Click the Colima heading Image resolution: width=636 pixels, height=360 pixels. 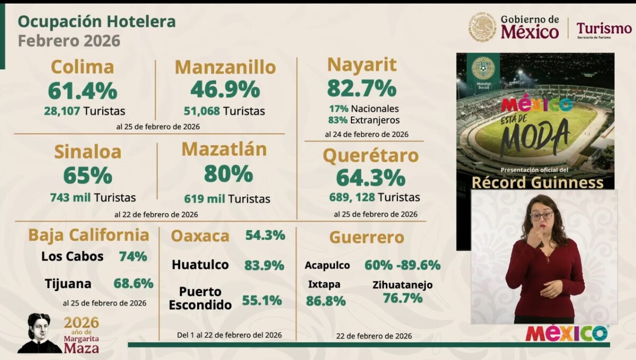click(x=82, y=67)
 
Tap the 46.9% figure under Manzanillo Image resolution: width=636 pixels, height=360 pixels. click(x=225, y=90)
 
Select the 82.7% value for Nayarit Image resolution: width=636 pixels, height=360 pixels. click(x=361, y=88)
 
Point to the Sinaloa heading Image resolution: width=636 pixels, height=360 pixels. click(x=87, y=152)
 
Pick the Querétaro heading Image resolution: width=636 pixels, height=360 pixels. click(x=370, y=156)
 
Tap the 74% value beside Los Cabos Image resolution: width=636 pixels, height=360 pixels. click(x=133, y=257)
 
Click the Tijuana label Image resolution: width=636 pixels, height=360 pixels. click(x=68, y=284)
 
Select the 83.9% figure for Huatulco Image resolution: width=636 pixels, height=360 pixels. click(x=264, y=265)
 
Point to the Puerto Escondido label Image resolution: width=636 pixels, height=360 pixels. click(x=205, y=298)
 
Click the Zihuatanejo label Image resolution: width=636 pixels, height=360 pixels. click(x=402, y=285)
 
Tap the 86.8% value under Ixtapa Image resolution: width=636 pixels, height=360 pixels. click(x=325, y=301)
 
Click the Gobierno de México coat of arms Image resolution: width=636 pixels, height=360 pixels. click(x=482, y=28)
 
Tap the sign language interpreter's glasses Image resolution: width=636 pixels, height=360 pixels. click(x=542, y=216)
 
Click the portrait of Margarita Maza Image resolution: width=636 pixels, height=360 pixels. click(x=39, y=333)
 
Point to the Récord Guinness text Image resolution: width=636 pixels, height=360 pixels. click(x=537, y=183)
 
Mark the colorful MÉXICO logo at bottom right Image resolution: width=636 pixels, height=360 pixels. click(x=567, y=333)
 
